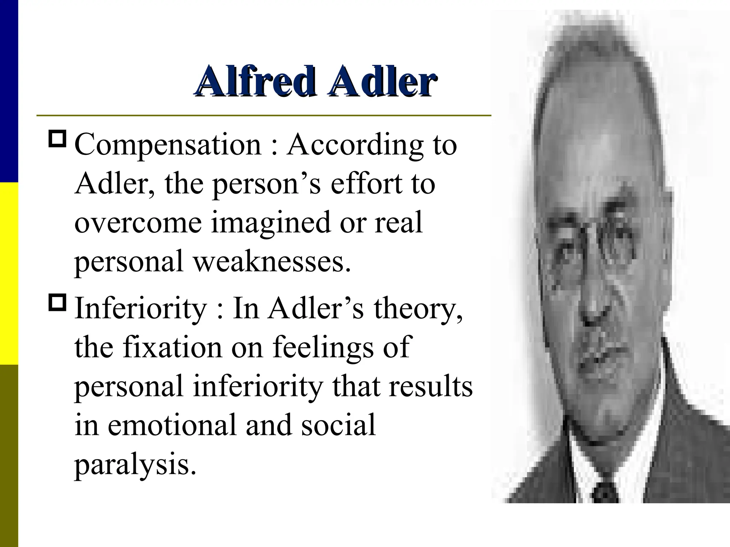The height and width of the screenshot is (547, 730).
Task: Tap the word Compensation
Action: (x=168, y=145)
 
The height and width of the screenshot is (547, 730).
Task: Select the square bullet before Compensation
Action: (x=57, y=139)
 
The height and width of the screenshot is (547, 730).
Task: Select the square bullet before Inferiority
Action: (x=57, y=302)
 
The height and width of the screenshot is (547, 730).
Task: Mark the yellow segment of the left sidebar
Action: (x=9, y=273)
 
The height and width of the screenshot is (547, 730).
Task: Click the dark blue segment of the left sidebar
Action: (x=9, y=91)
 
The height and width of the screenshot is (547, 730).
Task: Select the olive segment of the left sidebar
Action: (x=9, y=456)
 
